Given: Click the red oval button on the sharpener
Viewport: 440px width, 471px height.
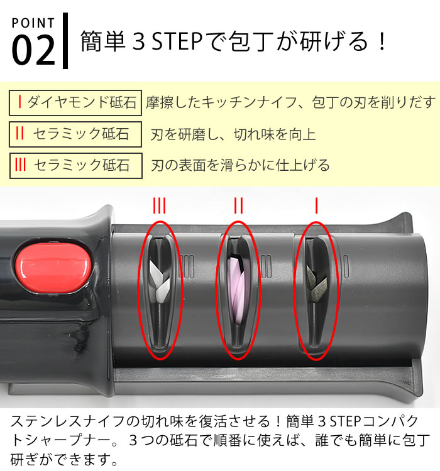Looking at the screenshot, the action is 53,268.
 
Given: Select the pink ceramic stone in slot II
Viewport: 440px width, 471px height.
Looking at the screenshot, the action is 238,289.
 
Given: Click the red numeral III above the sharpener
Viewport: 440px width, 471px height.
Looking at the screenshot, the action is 159,205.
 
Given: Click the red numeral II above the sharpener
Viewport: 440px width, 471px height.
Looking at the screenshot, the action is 238,205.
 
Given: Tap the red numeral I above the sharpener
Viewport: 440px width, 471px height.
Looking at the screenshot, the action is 316,205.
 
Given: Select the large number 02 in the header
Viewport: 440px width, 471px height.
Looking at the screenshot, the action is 33,50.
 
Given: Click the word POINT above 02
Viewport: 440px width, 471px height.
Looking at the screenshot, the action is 33,23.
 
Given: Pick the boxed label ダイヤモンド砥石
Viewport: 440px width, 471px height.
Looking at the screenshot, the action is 75,103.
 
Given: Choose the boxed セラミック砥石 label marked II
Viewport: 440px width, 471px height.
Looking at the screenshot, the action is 75,134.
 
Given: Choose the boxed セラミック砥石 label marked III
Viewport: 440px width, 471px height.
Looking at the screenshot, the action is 75,166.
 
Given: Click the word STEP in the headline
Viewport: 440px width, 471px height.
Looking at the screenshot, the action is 177,41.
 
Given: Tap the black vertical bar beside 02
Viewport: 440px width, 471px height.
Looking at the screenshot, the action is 65,41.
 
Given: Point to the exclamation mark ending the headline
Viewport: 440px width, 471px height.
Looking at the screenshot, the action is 382,41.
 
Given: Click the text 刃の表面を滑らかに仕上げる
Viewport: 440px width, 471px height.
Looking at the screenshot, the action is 240,166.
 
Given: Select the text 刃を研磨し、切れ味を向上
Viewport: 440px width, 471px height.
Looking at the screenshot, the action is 233,134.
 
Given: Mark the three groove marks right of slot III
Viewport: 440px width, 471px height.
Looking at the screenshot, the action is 187,267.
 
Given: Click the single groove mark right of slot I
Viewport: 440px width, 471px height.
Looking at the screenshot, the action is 346,266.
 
